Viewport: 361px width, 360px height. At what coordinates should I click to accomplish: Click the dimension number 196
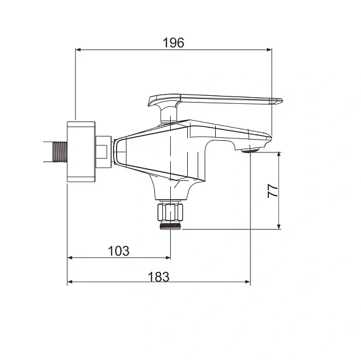(173, 42)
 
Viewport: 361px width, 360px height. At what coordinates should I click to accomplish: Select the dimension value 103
(119, 251)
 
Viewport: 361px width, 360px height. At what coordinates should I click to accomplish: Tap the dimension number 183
(159, 276)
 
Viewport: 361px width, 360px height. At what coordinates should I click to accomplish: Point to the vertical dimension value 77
(273, 190)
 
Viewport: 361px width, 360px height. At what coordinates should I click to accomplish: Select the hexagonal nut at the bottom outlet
(170, 212)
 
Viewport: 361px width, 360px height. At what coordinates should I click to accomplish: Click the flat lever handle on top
(219, 100)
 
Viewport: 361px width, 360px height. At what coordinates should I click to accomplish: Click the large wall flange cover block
(81, 152)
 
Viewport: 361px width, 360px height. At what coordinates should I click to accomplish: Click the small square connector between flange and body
(105, 151)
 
